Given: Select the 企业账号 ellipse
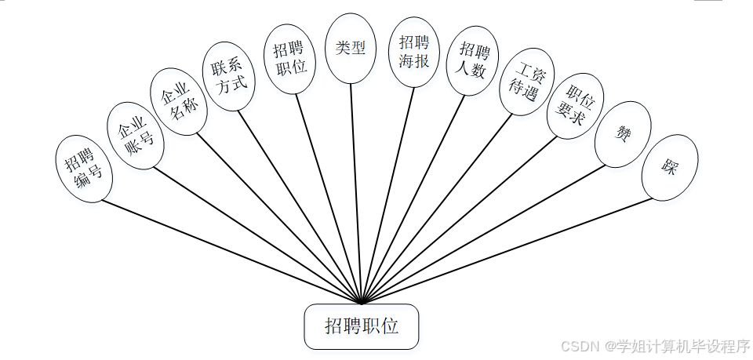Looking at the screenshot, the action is [x=135, y=135].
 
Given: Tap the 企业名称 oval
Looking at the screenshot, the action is [x=180, y=101].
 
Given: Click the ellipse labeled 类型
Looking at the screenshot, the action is [x=351, y=48].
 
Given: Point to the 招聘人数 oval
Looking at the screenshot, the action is [x=473, y=61].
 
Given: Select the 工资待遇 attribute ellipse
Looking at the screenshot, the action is [x=526, y=82].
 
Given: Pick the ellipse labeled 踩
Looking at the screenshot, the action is [x=669, y=167].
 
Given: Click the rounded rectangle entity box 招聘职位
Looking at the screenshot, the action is [x=362, y=326].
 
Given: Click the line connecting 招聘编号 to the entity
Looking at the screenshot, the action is [x=227, y=250].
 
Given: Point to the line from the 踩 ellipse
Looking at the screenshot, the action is [x=510, y=250].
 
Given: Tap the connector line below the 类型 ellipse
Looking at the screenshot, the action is [x=355, y=188].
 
